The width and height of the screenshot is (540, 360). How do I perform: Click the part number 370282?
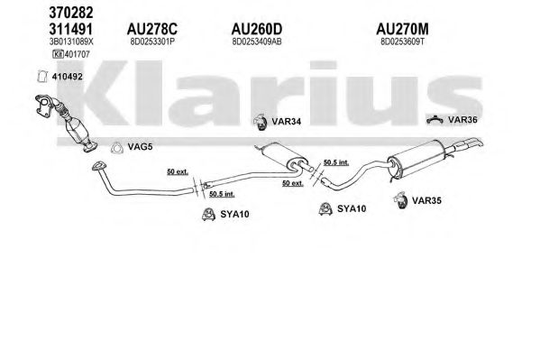71,13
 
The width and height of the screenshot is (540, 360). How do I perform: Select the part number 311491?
71,29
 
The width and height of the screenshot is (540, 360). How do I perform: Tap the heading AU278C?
152,29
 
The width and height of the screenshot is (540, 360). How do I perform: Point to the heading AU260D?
257,29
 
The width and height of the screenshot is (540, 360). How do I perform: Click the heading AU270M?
402,29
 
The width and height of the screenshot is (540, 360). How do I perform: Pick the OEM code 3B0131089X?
71,42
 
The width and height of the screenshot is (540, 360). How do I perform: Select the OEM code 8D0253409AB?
257,42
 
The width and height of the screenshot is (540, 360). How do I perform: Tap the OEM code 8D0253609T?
403,42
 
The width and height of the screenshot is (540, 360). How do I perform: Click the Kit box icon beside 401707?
58,54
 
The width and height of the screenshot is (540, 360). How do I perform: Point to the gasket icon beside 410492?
42,77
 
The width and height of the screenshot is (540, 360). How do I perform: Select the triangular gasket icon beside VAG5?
117,148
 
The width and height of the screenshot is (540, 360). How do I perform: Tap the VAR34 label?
286,122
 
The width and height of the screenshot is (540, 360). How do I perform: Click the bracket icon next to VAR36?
435,120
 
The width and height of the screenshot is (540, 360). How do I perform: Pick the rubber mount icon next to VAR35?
400,200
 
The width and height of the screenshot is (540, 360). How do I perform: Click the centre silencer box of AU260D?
281,156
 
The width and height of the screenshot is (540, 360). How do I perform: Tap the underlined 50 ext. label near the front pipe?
178,171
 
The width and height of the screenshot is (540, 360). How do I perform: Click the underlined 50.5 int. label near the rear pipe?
336,162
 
